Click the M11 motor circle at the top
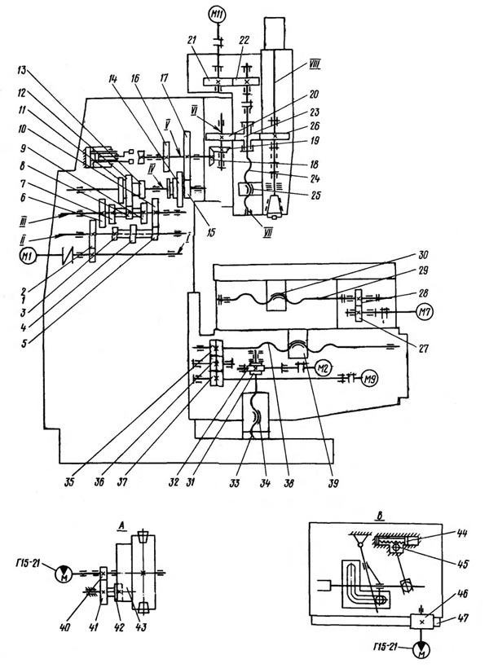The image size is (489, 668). click(x=218, y=14)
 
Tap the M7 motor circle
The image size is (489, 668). click(x=424, y=310)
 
